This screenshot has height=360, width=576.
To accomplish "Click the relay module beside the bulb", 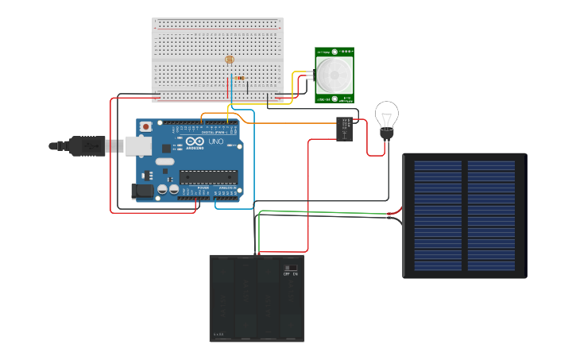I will coord(345,129).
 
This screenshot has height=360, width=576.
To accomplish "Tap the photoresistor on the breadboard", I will coord(230,60).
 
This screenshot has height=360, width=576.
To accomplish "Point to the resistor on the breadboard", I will coord(240,78).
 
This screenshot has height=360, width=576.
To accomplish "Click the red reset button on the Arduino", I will coord(145,126).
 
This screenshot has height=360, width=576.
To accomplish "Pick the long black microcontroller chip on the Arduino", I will coord(210,176).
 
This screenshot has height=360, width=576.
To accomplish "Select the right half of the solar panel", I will coord(491,215).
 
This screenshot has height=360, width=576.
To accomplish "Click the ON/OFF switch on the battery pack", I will coord(291,268).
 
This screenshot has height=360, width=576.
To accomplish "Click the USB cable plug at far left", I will coord(61,145).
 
